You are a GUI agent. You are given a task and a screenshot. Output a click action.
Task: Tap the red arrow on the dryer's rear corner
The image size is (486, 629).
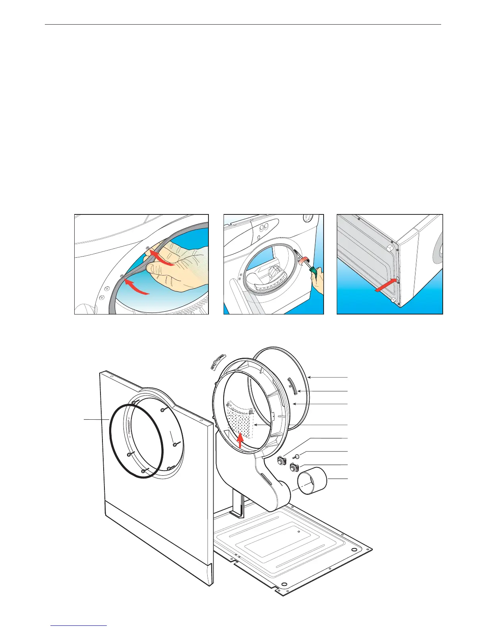click(386, 286)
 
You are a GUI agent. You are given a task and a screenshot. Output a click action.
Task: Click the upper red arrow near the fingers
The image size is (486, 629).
click(163, 259)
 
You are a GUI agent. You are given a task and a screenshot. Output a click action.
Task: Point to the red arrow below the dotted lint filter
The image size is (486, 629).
click(240, 440)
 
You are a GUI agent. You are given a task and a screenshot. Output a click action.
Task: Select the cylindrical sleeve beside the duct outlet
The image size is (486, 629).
click(312, 481)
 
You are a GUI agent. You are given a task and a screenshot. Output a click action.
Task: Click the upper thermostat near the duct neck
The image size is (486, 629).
click(282, 461)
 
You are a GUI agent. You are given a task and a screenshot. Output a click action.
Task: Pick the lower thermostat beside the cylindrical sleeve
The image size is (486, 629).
click(294, 467)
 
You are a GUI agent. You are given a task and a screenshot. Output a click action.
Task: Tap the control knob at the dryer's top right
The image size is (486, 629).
click(307, 218)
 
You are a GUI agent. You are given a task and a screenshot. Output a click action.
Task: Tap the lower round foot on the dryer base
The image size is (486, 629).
click(394, 301)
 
